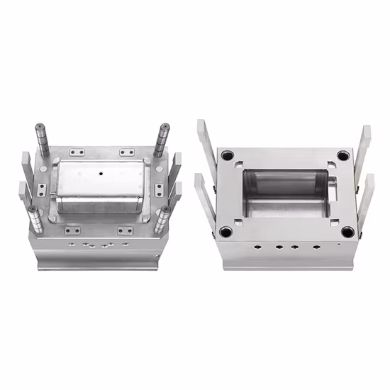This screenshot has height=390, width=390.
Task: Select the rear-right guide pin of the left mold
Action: (163, 138)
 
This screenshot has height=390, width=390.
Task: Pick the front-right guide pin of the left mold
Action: (163, 216)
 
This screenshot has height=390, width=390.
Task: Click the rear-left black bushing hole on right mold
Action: (227, 155)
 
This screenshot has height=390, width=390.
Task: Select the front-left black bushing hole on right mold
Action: (226, 231)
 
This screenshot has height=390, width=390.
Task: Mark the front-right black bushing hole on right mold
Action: (347, 231)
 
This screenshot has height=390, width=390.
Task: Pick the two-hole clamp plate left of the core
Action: (42, 189)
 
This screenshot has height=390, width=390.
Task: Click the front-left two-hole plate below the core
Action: (72, 230)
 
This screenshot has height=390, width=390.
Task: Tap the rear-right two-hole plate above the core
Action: (127, 152)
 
